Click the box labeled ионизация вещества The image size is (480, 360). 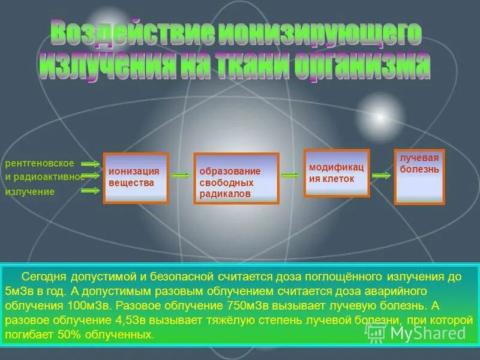pos(135,178)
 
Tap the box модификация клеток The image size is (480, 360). pos(336,173)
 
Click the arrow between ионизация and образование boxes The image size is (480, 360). pos(180,176)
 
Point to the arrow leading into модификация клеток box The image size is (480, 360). pos(290,175)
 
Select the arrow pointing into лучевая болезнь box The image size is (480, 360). pos(381,175)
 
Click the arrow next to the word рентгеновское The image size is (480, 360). pos(90,163)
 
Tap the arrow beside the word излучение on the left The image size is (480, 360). pos(90,191)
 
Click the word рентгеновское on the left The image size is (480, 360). pos(40,163)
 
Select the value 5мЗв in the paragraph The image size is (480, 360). pos(21,291)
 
